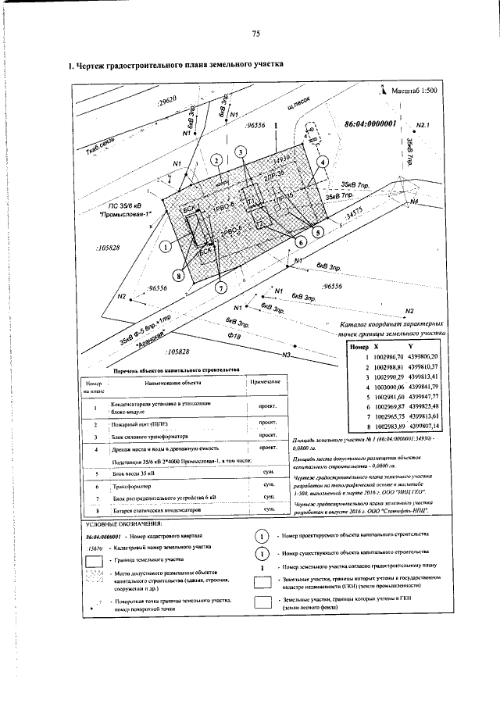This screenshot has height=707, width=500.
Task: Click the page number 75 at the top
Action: (255, 33)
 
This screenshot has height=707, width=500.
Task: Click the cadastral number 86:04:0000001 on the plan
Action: (370, 123)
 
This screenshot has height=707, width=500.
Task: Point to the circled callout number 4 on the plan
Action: (323, 162)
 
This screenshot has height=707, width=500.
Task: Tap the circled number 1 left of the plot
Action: (166, 247)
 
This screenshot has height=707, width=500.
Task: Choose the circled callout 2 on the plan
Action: (216, 161)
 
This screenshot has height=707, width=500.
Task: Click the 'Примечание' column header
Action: (265, 380)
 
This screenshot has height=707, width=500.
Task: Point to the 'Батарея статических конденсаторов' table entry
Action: (155, 509)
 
